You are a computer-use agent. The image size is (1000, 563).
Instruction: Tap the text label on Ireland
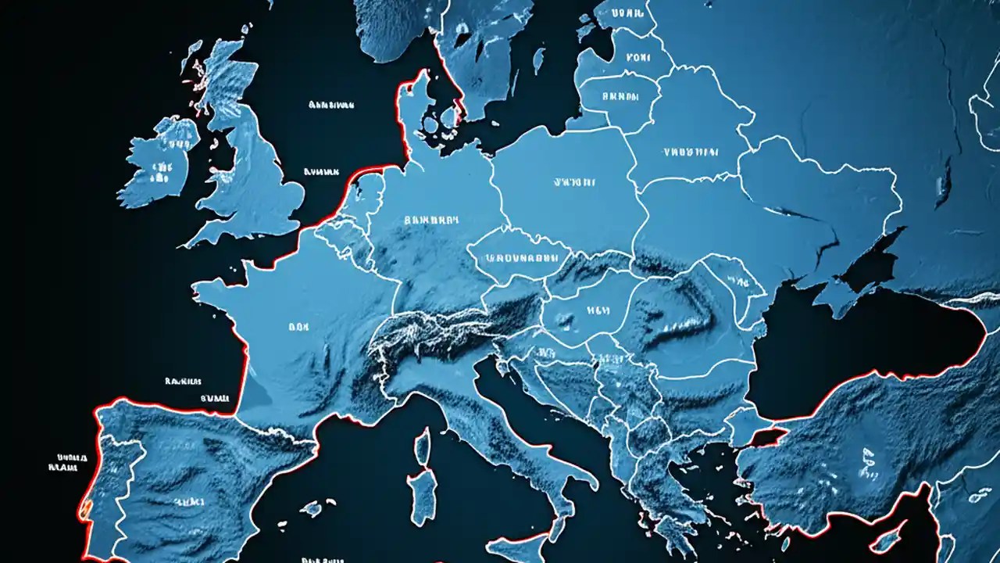coord(162,167)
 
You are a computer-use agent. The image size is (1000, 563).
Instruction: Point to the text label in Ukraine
coord(690,152)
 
